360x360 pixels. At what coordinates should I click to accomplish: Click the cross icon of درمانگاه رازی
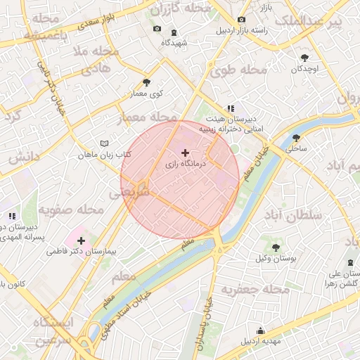(x=185, y=153)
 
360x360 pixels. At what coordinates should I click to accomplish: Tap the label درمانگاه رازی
(x=185, y=163)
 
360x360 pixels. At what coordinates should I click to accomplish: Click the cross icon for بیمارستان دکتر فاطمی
(x=82, y=240)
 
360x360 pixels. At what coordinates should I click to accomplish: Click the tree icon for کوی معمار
(x=146, y=82)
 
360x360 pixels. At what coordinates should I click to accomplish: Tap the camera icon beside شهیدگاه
(x=156, y=30)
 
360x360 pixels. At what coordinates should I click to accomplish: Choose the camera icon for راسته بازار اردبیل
(x=242, y=20)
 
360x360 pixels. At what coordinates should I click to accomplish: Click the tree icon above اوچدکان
(x=304, y=58)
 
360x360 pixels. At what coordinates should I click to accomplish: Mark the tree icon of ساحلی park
(x=296, y=137)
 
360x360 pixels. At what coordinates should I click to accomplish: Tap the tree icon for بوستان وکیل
(x=276, y=247)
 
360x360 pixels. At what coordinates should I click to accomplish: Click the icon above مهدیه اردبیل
(x=261, y=330)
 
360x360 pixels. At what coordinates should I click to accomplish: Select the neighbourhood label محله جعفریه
(x=255, y=289)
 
